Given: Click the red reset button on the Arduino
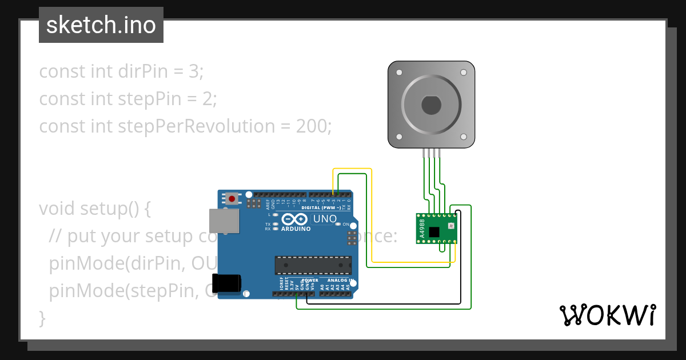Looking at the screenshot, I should click(232, 199).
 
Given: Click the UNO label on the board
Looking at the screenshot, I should click(325, 219).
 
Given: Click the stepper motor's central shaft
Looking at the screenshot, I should click(431, 106).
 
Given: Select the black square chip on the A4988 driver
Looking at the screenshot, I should click(434, 231).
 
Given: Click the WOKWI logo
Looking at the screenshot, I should click(607, 315).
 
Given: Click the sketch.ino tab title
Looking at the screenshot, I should click(101, 25).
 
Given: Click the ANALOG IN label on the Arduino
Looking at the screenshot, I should click(340, 281).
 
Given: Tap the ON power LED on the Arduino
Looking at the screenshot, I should click(338, 225).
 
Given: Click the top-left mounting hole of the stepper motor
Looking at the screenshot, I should click(398, 73).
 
